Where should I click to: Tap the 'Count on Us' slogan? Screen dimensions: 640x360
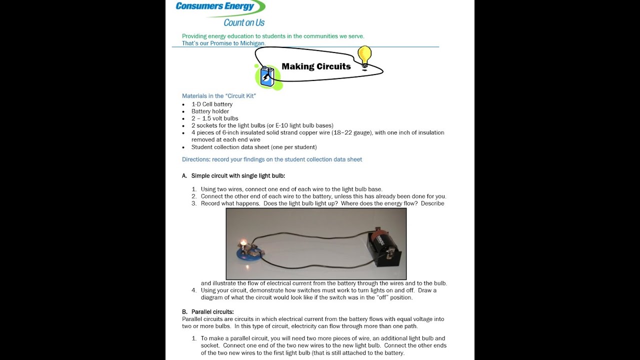tap(244, 22)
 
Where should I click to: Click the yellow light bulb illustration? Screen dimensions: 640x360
tap(364, 56)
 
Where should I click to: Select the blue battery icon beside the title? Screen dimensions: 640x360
tap(267, 76)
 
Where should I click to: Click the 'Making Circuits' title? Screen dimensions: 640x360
tap(316, 66)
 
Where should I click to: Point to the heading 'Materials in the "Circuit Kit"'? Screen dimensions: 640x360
tap(219, 96)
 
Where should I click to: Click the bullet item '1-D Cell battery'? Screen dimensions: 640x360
tap(212, 104)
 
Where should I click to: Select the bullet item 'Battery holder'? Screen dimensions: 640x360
tap(210, 111)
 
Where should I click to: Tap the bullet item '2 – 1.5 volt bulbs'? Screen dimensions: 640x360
tap(214, 118)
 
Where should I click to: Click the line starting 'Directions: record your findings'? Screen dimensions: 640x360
tap(272, 159)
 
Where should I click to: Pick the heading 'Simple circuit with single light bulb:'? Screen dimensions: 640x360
tap(238, 176)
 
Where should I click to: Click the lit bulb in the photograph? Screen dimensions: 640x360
tap(243, 243)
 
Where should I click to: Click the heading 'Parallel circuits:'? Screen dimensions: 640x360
tap(212, 312)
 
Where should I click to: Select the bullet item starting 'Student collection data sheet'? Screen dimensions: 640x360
tap(254, 147)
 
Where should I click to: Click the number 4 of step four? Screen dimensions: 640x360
tap(193, 290)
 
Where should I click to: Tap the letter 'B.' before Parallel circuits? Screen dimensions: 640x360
tap(184, 312)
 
